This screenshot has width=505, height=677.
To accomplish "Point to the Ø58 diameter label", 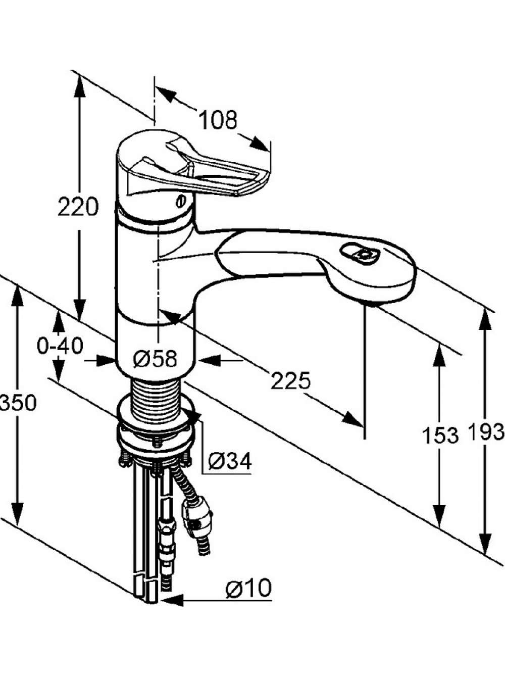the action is pos(156,359).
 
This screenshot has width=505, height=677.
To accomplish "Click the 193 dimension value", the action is pos(486,431).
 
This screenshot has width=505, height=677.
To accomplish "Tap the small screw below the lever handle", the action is pos(180,202).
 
